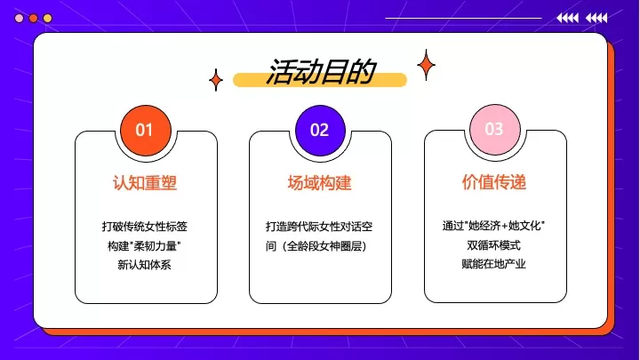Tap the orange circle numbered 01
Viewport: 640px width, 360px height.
point(145,130)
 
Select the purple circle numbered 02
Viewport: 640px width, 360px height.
point(320,130)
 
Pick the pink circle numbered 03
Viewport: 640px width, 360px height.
point(494,130)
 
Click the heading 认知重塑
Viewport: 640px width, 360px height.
point(145,183)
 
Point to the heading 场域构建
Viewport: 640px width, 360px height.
point(320,183)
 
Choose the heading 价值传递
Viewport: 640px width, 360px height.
point(494,183)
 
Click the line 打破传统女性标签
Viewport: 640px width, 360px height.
point(145,226)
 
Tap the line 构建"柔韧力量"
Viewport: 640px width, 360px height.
point(145,245)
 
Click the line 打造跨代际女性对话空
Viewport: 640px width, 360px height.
point(320,226)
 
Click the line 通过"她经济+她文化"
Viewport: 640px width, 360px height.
point(494,226)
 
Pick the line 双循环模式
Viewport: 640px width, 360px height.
point(494,245)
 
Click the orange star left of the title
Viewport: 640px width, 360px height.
point(215,81)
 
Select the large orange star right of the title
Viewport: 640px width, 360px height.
point(426,65)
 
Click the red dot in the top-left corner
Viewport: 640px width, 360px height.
point(34,18)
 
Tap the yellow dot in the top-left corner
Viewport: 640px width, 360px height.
point(48,18)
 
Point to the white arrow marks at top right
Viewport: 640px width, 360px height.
point(582,18)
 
